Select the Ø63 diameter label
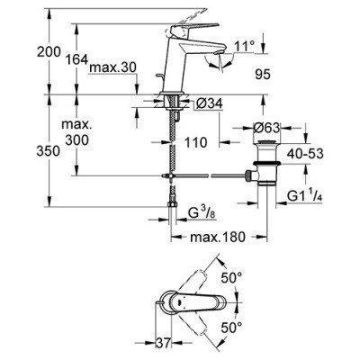tap(277, 125)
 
